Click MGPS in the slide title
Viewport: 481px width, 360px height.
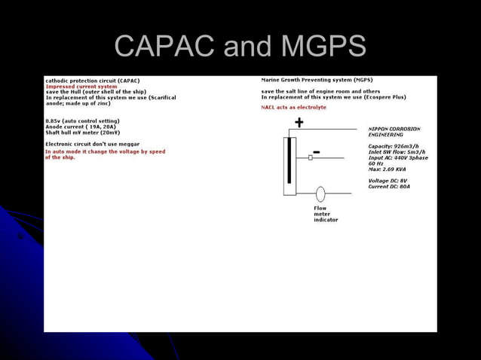(323, 47)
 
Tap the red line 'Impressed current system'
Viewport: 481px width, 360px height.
(81, 87)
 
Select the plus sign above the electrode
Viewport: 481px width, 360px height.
(299, 123)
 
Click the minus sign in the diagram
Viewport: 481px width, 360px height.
(317, 152)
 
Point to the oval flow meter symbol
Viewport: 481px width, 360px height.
(320, 194)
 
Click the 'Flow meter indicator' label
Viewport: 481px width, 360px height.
(325, 214)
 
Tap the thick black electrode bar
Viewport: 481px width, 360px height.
(290, 160)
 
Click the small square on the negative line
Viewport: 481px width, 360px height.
(310, 158)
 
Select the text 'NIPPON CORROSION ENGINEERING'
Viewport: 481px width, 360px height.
(394, 132)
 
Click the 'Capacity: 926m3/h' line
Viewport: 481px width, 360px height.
(393, 146)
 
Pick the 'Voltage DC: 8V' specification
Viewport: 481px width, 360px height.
(387, 181)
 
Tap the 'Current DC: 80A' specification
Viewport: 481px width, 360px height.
(388, 187)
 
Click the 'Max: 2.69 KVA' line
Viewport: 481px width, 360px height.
(386, 169)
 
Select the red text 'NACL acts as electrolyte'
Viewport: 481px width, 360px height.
(293, 108)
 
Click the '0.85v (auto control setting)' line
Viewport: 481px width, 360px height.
(82, 121)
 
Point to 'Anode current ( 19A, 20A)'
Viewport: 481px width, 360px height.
(81, 127)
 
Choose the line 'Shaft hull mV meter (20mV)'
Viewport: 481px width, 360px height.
(82, 133)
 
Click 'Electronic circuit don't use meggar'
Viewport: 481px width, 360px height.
(92, 144)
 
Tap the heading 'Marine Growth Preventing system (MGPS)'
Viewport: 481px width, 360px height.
(317, 80)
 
